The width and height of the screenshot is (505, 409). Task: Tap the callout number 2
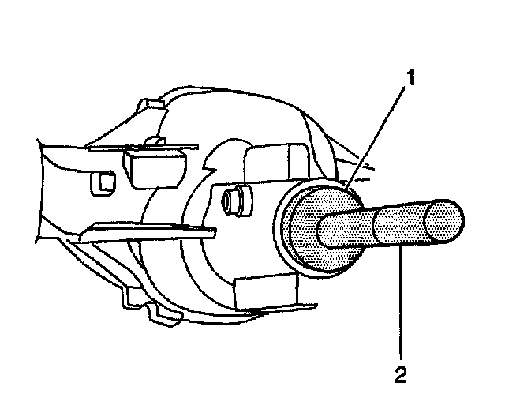(x=402, y=373)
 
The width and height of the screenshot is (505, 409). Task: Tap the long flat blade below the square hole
(x=150, y=231)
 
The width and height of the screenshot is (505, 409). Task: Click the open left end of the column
(x=47, y=189)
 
